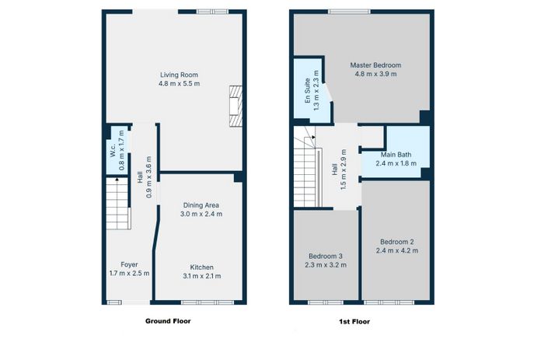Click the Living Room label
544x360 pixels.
click(179, 75)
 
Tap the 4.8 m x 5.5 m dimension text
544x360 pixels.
click(179, 83)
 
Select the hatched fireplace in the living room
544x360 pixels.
click(235, 106)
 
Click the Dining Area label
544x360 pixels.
click(201, 205)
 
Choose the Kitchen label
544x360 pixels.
click(201, 267)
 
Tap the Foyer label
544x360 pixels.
click(129, 264)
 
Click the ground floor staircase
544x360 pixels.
click(118, 204)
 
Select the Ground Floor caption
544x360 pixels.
click(168, 321)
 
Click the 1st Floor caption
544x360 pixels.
click(354, 322)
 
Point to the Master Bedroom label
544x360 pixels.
click(375, 65)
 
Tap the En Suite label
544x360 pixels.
click(308, 91)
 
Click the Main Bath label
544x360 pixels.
click(396, 155)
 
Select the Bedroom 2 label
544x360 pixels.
click(397, 242)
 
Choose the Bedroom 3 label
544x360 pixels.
click(326, 257)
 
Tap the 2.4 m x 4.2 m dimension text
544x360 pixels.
click(397, 250)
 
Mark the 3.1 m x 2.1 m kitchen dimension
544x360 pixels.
click(201, 276)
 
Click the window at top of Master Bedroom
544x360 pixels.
click(350, 12)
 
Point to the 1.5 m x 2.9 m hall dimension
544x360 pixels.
click(343, 170)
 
